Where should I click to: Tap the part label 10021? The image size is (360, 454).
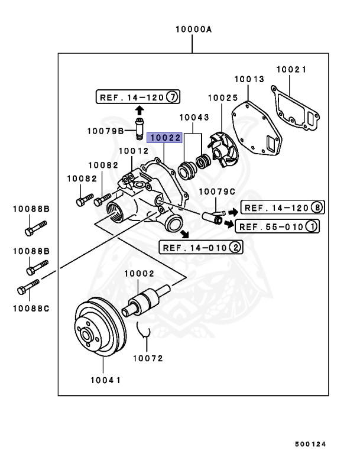click(291, 69)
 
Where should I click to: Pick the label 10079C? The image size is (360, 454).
click(216, 192)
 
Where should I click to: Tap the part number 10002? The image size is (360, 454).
click(139, 273)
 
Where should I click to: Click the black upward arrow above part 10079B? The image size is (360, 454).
click(140, 111)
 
